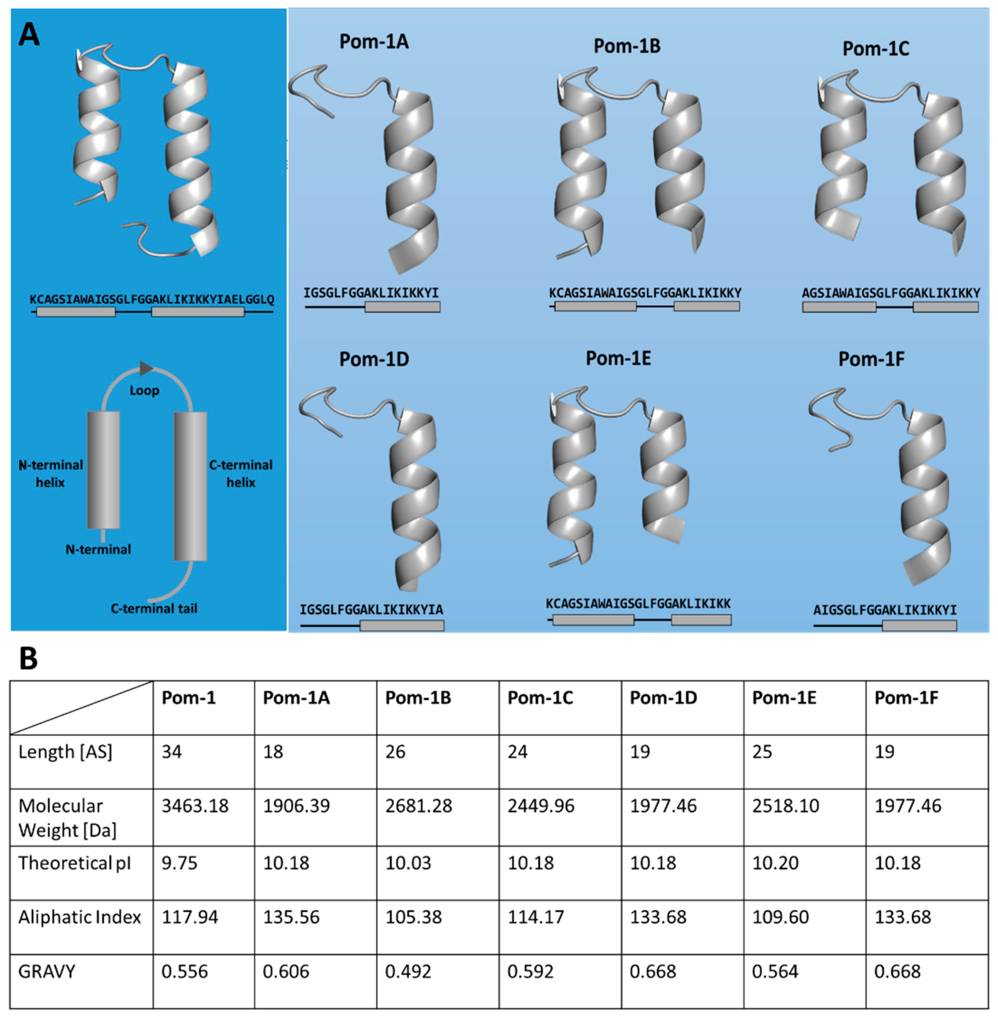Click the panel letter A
tap(29, 35)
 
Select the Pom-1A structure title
tap(374, 42)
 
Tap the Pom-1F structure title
tap(871, 359)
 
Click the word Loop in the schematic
tap(144, 391)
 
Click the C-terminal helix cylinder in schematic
tap(190, 486)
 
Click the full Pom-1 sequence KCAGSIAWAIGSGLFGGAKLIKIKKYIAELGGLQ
tap(152, 300)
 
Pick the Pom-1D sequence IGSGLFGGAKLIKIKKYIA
tap(371, 610)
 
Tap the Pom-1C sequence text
tap(890, 293)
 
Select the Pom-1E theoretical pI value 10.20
tap(775, 863)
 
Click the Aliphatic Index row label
tap(80, 917)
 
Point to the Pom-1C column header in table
tap(540, 698)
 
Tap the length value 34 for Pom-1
tap(171, 752)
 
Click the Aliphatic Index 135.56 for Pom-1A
tap(291, 917)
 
